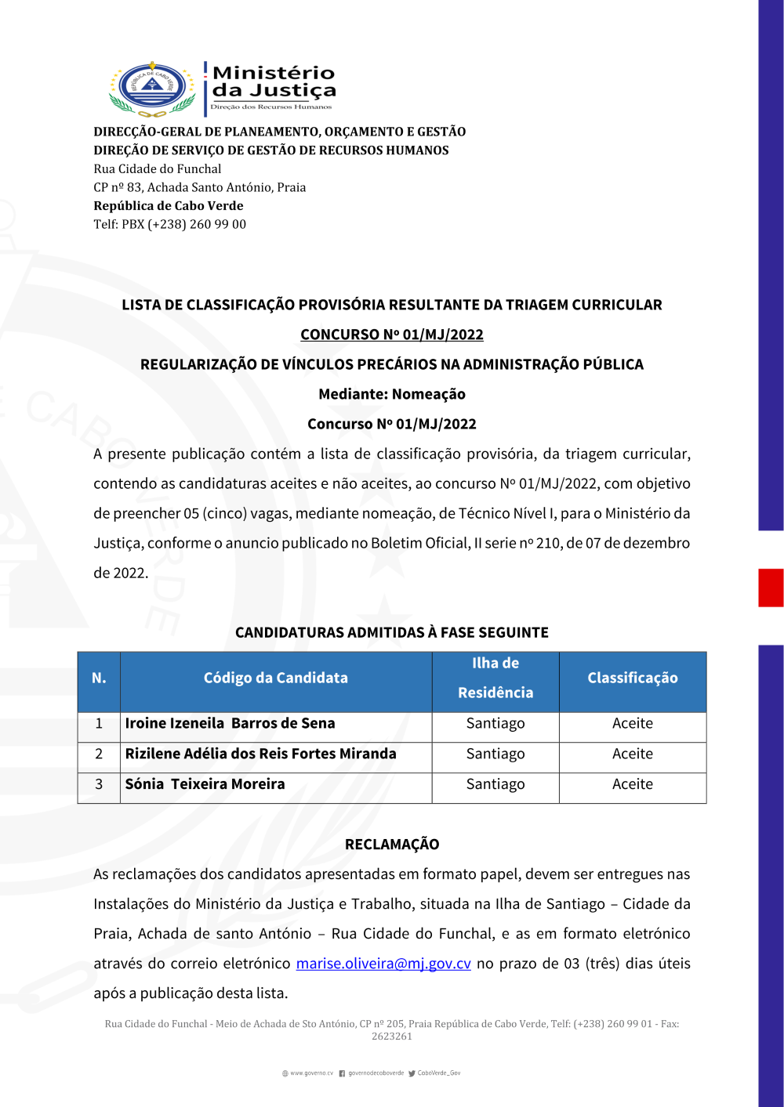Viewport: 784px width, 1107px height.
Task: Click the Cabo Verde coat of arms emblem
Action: [x=152, y=89]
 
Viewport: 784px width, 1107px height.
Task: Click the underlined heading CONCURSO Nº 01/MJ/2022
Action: [x=392, y=335]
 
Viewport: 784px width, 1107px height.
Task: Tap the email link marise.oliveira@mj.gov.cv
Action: [x=383, y=964]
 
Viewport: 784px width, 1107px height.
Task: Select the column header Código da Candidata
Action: [x=276, y=678]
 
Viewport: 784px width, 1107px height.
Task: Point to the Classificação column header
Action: [x=633, y=678]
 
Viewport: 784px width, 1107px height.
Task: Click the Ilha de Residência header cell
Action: [x=495, y=678]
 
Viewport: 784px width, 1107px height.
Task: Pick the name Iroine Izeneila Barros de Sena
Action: [x=230, y=724]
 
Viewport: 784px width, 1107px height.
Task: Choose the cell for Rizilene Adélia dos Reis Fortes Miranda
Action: [x=261, y=754]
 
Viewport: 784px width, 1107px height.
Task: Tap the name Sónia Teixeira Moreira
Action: [x=205, y=785]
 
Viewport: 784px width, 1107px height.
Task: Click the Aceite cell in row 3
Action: [x=633, y=785]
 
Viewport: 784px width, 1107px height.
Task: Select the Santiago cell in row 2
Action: [x=495, y=754]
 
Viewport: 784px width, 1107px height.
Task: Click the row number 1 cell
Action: [x=99, y=724]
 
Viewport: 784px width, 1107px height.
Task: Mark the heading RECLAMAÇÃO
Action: [x=392, y=845]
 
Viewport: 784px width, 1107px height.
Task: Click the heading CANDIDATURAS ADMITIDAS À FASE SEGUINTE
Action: [x=392, y=633]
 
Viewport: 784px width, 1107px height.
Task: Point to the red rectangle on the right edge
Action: [x=771, y=588]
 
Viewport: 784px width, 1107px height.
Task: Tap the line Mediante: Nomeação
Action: [x=392, y=394]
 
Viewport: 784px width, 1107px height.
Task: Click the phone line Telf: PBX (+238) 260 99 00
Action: [x=170, y=225]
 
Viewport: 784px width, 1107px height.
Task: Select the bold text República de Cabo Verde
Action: [x=169, y=206]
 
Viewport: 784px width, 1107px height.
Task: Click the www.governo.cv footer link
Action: [x=308, y=1073]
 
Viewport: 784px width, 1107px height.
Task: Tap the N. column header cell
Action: [x=99, y=678]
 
